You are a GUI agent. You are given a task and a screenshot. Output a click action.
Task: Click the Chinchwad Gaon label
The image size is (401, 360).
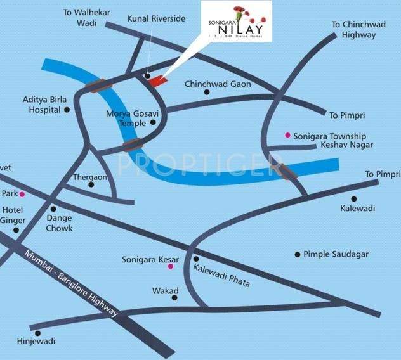pyautogui.click(x=218, y=84)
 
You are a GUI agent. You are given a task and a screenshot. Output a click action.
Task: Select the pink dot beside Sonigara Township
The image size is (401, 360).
pyautogui.click(x=287, y=136)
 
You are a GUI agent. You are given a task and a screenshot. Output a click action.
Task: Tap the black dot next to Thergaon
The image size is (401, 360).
pyautogui.click(x=91, y=185)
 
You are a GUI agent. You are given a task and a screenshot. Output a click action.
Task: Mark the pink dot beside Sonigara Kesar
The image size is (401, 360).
pyautogui.click(x=170, y=267)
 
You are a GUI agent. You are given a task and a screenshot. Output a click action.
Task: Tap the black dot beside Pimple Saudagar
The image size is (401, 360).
pyautogui.click(x=297, y=255)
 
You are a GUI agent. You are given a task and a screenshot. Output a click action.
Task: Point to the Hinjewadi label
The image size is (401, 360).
pyautogui.click(x=36, y=342)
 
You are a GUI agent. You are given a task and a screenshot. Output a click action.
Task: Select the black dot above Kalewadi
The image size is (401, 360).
pyautogui.click(x=353, y=198)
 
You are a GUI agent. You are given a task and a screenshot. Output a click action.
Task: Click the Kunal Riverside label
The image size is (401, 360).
pyautogui.click(x=155, y=19)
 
